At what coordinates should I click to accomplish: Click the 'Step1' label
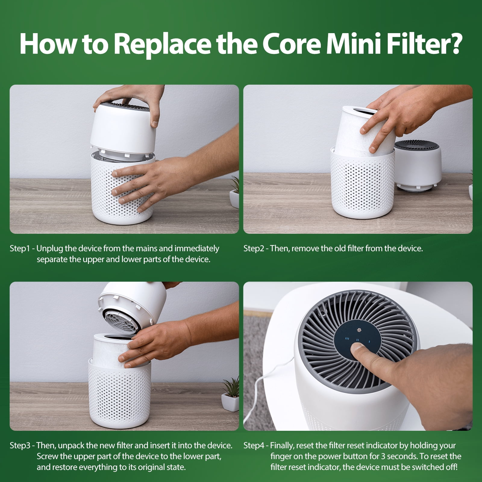click(x=20, y=249)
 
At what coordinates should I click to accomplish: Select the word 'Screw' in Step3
click(x=48, y=456)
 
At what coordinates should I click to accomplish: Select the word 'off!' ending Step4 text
click(x=449, y=467)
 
